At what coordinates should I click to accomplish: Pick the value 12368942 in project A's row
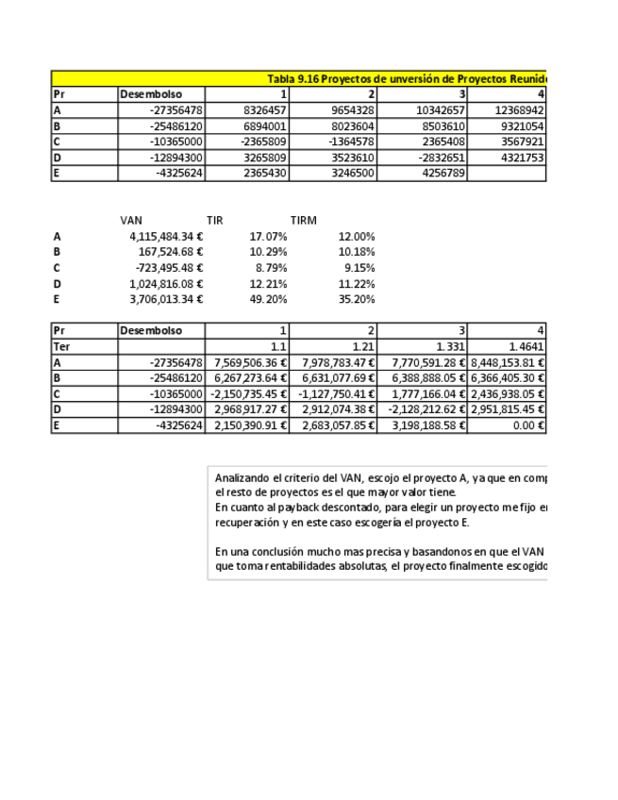518,110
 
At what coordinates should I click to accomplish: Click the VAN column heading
131,221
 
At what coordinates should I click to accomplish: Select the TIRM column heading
303,221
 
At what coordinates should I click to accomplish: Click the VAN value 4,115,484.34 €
166,237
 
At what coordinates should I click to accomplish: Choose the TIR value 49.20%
268,299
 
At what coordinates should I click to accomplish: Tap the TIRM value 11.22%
356,284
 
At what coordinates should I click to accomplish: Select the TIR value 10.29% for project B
268,252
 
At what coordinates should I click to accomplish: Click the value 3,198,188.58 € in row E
426,425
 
